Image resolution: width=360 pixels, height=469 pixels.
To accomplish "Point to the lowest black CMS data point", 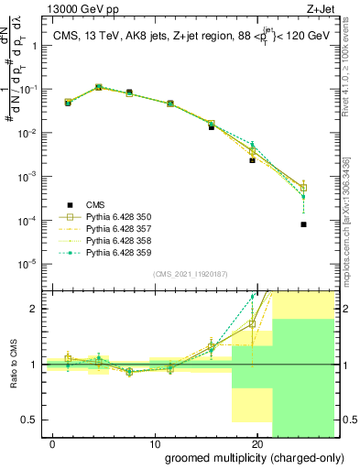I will point(303,224).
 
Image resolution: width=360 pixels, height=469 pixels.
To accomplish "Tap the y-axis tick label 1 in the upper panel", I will point(35,47).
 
